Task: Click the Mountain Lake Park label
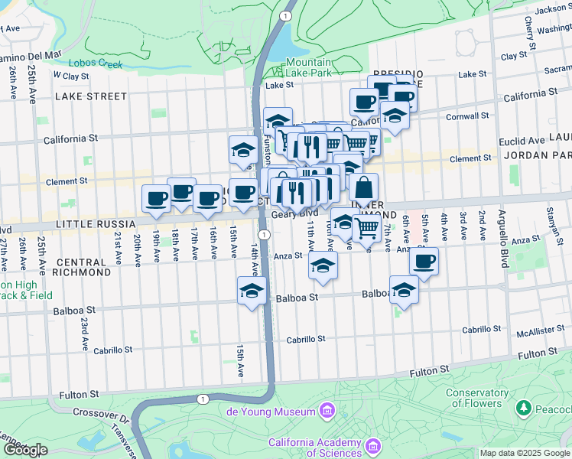tap(310, 68)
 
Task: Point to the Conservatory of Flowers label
tap(476, 398)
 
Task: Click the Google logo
tap(24, 450)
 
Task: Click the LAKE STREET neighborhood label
tap(91, 96)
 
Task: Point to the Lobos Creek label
tap(95, 64)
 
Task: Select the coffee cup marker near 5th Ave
tap(423, 262)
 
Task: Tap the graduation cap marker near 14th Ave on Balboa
tap(251, 291)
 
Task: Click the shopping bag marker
tap(364, 187)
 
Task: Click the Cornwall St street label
tap(468, 116)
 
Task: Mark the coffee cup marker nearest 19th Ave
tap(156, 199)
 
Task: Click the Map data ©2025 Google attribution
tap(525, 453)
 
